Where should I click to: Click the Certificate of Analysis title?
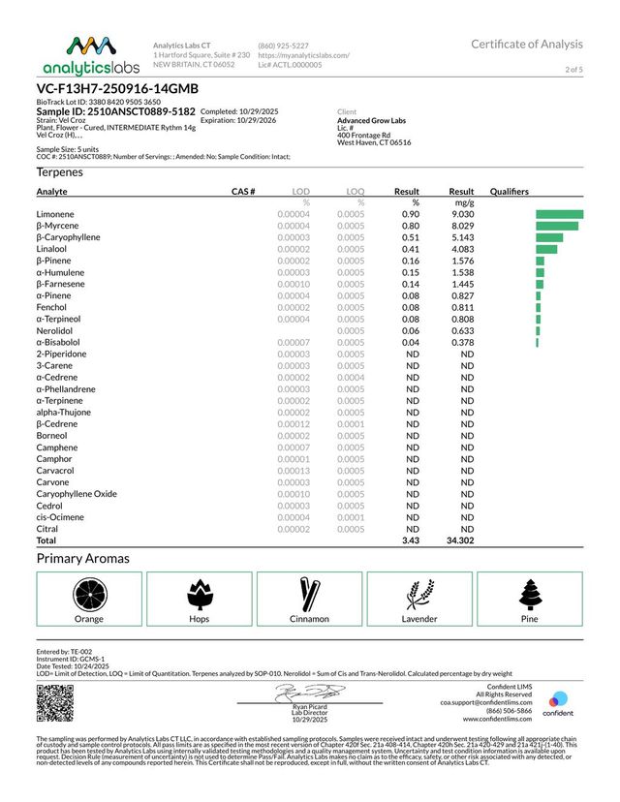(x=527, y=45)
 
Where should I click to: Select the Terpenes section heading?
(x=59, y=172)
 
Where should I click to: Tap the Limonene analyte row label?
(x=56, y=213)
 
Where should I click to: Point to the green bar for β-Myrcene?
(x=556, y=226)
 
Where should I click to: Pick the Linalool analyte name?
(x=53, y=249)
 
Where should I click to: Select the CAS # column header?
(x=242, y=192)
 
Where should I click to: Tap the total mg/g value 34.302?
(x=459, y=540)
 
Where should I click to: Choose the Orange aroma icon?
(x=90, y=591)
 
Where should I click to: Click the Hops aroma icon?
(x=200, y=591)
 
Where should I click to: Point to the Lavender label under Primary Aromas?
(x=418, y=619)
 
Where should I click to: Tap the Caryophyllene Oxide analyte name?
(x=77, y=494)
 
